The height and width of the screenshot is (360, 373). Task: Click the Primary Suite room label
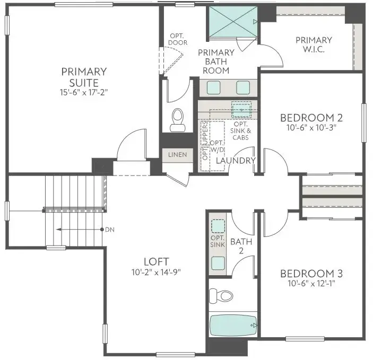click(84, 77)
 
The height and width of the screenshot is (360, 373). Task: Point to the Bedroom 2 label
click(311, 117)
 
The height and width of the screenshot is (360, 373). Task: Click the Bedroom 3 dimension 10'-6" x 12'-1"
click(311, 284)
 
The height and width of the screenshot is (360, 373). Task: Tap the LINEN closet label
click(177, 155)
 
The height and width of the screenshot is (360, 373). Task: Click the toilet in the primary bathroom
click(177, 120)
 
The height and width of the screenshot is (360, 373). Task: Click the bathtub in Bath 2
click(233, 325)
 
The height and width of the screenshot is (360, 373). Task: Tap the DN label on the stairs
click(109, 230)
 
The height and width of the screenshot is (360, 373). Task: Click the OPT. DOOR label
click(176, 39)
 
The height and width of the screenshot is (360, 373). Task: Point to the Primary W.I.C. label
click(314, 45)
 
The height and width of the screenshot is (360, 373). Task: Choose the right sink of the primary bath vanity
click(243, 87)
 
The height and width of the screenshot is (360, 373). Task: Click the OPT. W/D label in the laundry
click(216, 146)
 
